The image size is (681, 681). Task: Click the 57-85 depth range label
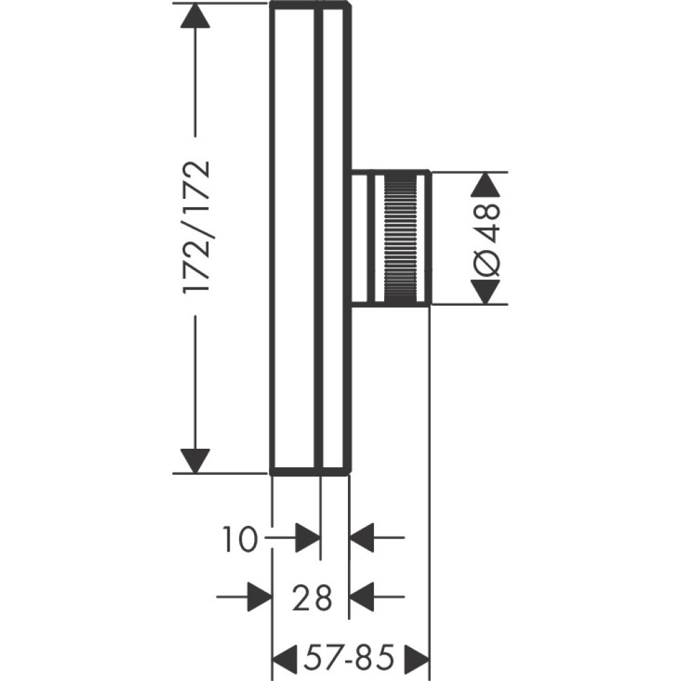tap(349, 659)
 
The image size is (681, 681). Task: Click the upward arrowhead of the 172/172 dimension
tap(195, 15)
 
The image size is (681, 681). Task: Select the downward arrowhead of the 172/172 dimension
tap(195, 460)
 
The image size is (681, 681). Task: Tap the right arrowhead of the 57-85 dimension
tap(417, 659)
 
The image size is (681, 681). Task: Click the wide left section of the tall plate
tap(294, 238)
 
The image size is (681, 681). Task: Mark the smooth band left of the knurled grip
tap(377, 238)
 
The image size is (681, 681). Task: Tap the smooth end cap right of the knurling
tap(422, 238)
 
